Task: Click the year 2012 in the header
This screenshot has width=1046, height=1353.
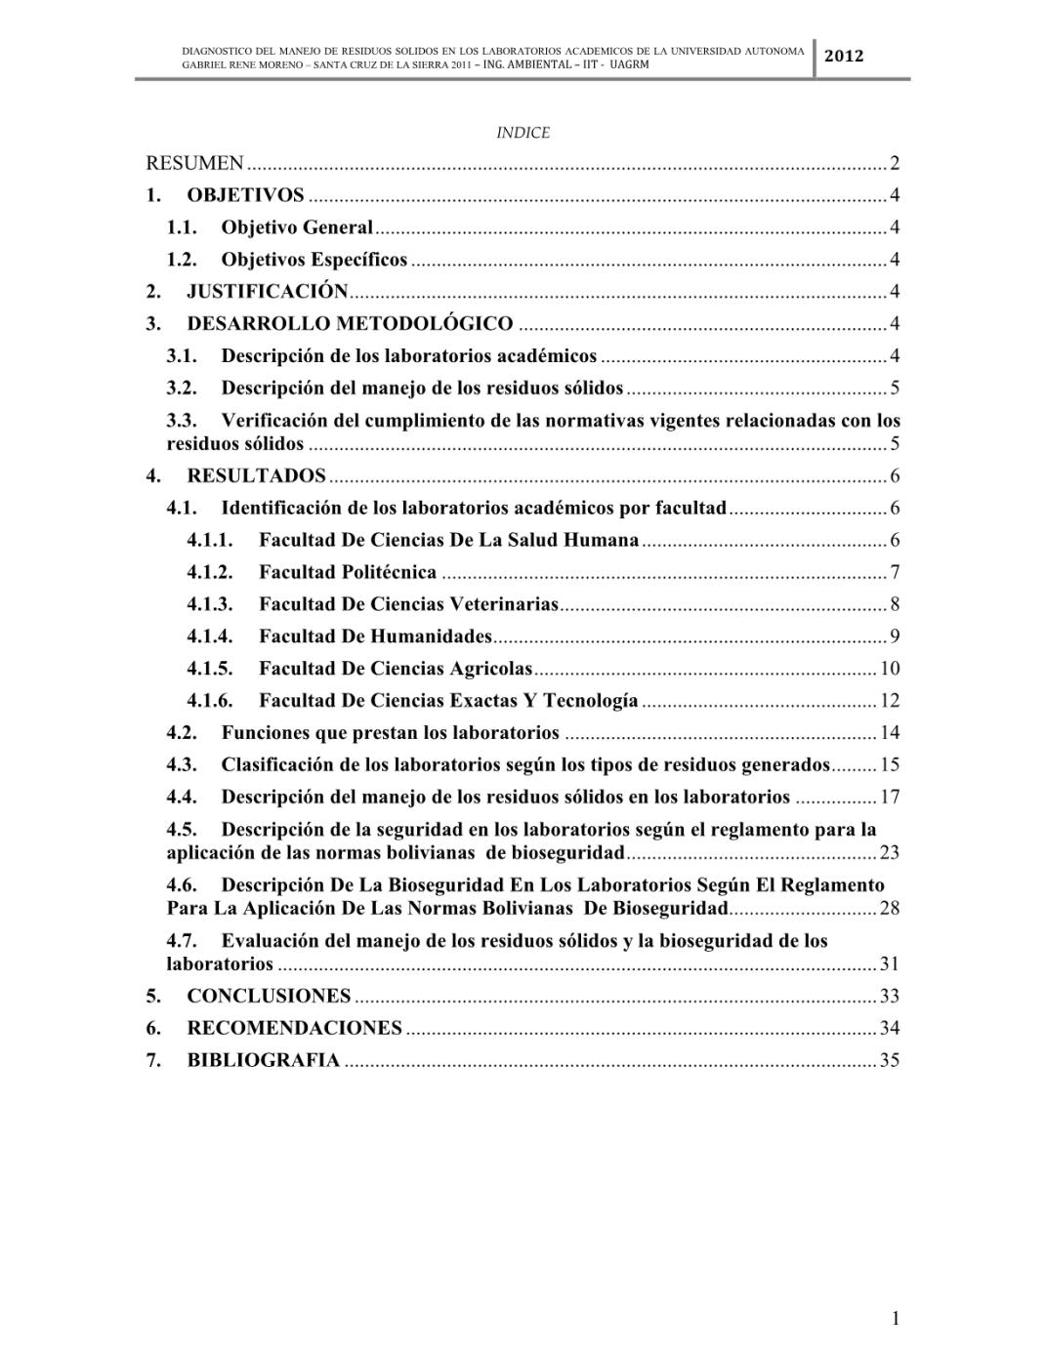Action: (x=844, y=56)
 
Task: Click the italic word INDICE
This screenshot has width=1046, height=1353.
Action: (x=523, y=133)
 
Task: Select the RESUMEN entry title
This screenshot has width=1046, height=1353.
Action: (x=194, y=163)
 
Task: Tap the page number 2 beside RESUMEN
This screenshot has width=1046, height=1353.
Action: (x=894, y=163)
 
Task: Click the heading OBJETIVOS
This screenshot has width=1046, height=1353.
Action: (x=245, y=195)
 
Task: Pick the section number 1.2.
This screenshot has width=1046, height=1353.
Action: (x=182, y=260)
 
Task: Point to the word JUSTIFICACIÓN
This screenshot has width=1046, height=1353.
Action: (x=268, y=291)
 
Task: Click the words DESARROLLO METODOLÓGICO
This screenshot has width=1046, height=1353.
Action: (x=350, y=323)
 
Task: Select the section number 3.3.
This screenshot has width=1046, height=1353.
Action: (x=182, y=421)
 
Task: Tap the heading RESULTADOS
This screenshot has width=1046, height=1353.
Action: (x=256, y=476)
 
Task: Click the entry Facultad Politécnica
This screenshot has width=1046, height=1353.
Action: (x=348, y=572)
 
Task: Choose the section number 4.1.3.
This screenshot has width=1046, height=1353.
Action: (x=210, y=604)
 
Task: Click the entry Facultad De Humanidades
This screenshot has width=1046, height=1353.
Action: (x=375, y=636)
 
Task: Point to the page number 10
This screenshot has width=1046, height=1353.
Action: (x=889, y=669)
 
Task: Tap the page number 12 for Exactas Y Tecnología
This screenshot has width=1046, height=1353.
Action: (x=889, y=701)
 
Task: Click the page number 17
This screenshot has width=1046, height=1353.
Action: (x=889, y=797)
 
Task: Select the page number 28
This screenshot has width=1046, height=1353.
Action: (x=889, y=909)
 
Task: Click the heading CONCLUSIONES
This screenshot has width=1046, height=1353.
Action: (x=269, y=996)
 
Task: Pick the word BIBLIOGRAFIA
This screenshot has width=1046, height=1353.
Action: (x=264, y=1060)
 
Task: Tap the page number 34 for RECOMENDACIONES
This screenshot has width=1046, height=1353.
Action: (x=889, y=1028)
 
